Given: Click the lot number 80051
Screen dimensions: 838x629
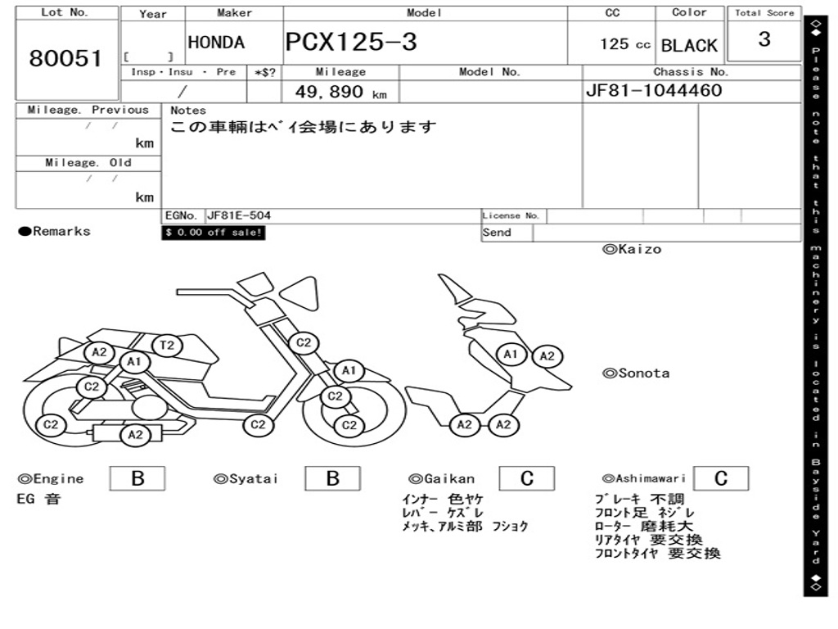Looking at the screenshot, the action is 65,58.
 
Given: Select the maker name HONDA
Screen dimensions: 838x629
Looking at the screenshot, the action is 216,43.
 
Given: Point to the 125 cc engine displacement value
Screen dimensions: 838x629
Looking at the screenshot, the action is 624,44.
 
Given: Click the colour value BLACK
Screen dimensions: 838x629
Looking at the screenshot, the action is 689,46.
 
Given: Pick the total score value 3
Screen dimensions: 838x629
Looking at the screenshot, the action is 764,39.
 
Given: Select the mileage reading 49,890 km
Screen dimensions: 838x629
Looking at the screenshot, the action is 340,92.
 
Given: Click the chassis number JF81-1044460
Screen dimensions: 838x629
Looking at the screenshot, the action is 654,90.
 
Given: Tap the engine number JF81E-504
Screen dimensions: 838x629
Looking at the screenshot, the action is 239,216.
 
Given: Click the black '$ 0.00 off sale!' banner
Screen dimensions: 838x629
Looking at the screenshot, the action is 214,233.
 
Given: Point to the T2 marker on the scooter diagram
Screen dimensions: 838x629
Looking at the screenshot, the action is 166,346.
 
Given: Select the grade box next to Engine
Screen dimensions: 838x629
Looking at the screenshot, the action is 137,478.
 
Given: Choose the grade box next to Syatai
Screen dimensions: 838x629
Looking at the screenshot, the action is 332,478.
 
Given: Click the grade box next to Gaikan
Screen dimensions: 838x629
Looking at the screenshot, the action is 526,478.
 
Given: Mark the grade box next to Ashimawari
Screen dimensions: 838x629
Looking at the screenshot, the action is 720,478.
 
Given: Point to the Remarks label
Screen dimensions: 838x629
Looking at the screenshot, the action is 55,232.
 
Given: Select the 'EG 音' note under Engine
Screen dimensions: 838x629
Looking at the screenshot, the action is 38,499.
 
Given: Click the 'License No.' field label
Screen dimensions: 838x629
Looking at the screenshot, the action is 511,216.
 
